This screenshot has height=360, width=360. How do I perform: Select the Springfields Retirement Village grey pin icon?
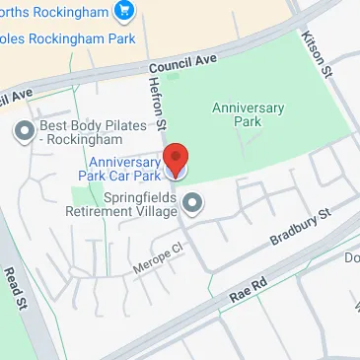[x=194, y=204]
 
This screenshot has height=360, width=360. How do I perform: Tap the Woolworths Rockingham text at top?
[x=64, y=12]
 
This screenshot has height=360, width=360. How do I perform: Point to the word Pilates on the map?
[x=125, y=125]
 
